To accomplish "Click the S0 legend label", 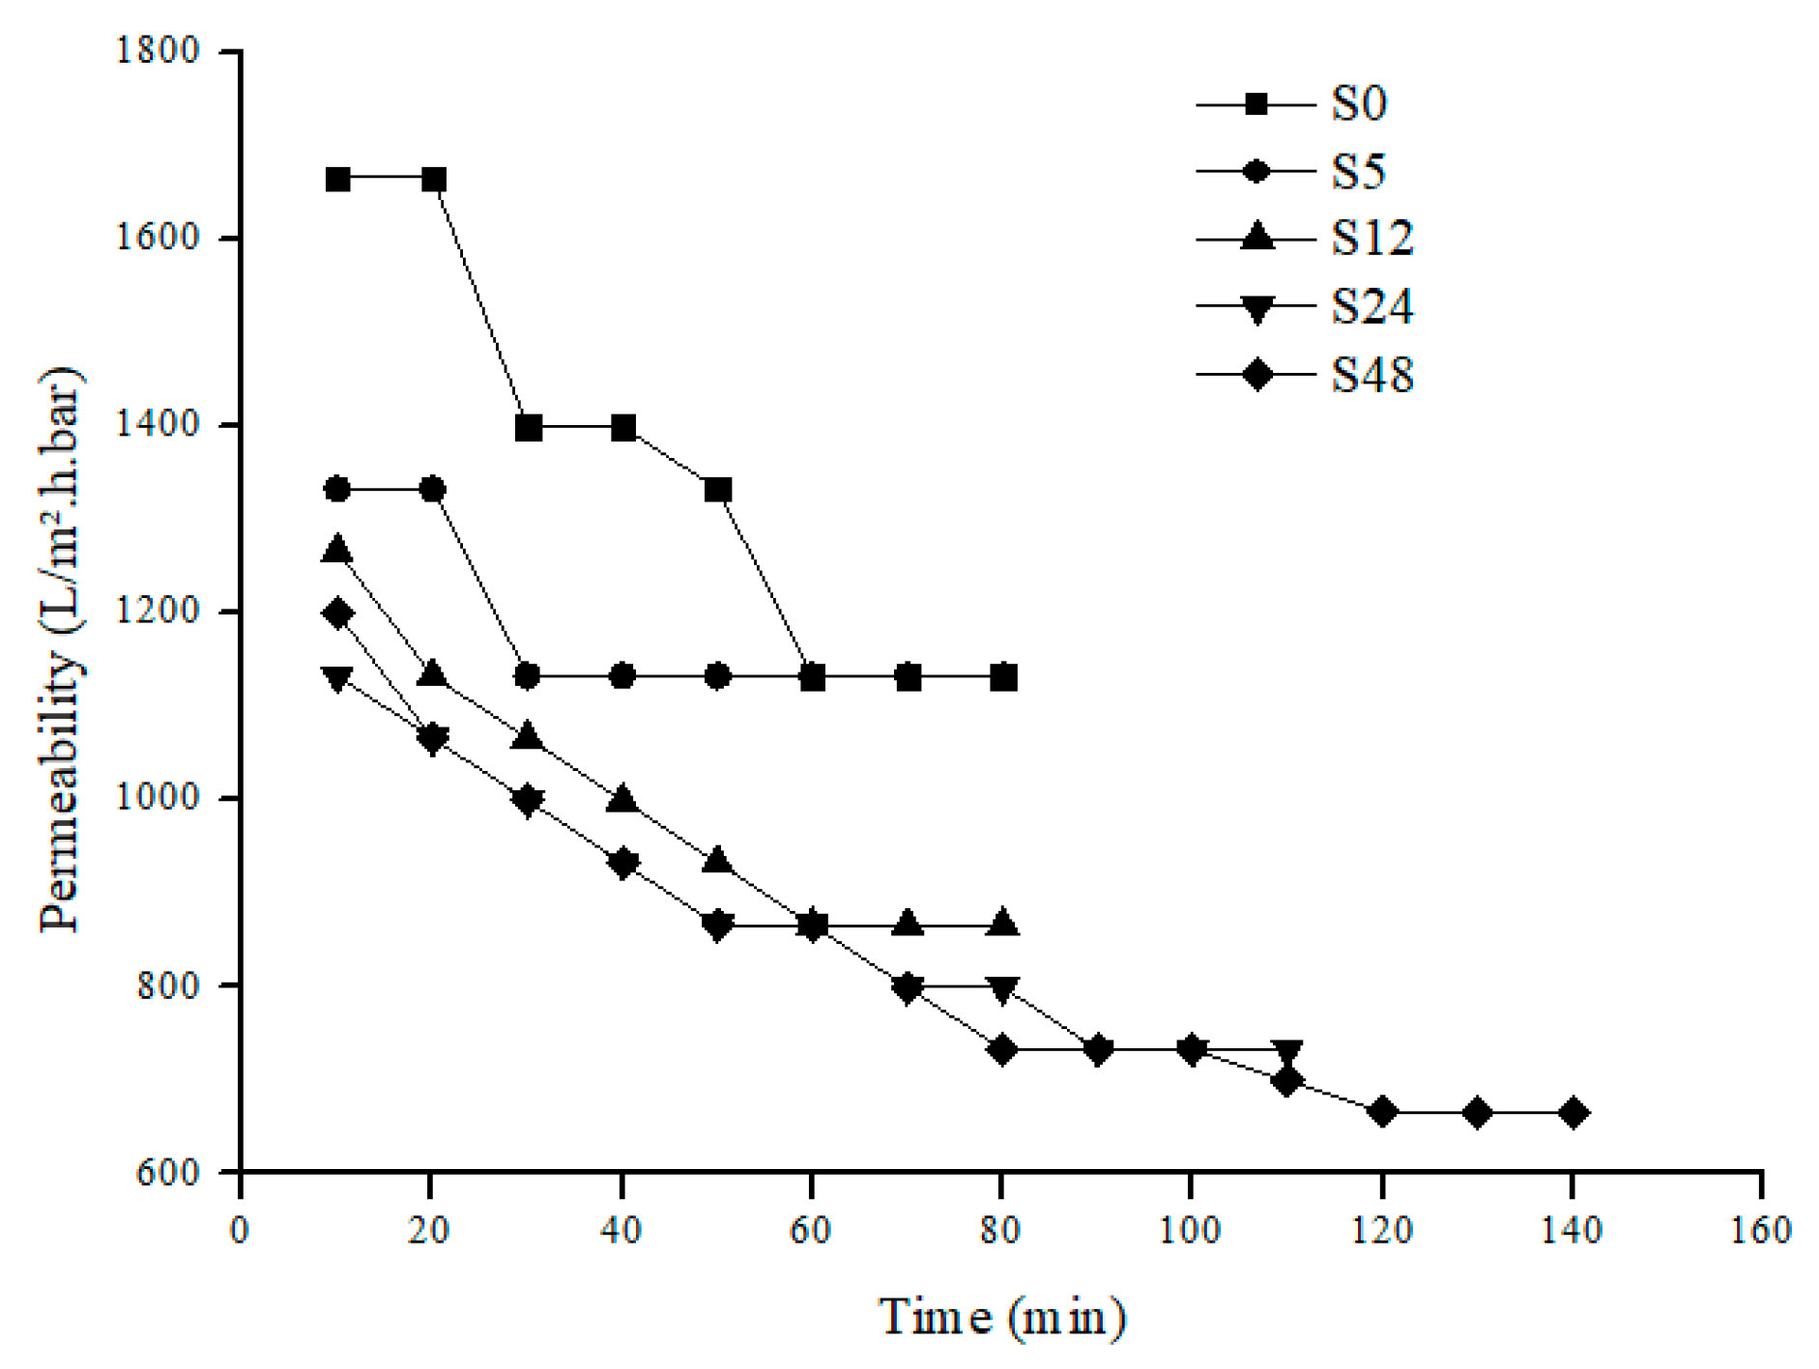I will (1359, 104).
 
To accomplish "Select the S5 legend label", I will (1359, 172).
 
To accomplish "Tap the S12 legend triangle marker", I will (1256, 237).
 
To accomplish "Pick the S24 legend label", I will (1372, 306).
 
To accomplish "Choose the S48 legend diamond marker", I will (1256, 374).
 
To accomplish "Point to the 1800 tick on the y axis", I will (156, 51).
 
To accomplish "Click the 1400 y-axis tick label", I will (156, 425).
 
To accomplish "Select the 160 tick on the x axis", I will (1762, 1230).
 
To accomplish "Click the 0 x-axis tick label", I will (240, 1230).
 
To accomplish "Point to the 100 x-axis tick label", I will (1191, 1230).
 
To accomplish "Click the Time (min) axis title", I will (1002, 1316).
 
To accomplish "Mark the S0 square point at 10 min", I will (337, 180).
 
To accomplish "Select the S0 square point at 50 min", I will (717, 490).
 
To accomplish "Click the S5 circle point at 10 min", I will (337, 489).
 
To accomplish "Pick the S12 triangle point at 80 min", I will (1003, 923).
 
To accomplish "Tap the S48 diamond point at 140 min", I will (1573, 1113).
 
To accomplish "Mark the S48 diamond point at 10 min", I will (337, 613).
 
